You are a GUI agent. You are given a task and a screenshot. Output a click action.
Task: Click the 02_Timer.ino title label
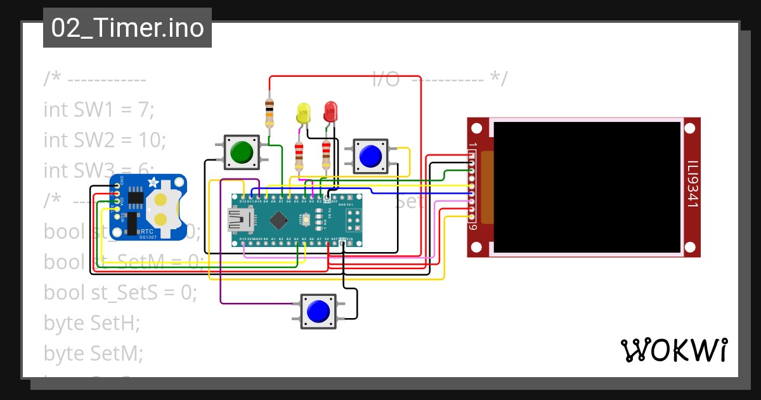click(127, 29)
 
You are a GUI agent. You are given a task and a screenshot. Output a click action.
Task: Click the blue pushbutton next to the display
click(370, 155)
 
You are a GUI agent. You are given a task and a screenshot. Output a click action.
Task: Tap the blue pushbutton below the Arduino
click(318, 311)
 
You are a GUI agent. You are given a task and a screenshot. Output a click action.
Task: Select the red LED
click(330, 113)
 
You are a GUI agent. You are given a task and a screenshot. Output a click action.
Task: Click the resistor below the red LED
click(326, 155)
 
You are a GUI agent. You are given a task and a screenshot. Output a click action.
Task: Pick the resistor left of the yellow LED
click(270, 114)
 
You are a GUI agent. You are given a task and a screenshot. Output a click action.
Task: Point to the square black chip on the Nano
click(278, 220)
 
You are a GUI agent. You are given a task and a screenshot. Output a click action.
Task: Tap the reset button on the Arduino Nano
click(306, 220)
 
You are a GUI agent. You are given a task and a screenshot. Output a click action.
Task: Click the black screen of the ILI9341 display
click(587, 186)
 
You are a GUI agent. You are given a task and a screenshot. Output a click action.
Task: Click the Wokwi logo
click(673, 350)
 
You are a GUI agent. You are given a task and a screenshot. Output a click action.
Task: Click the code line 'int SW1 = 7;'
click(99, 110)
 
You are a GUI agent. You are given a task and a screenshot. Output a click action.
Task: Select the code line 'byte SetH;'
click(91, 323)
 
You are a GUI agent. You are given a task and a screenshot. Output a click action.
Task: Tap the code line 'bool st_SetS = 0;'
click(120, 292)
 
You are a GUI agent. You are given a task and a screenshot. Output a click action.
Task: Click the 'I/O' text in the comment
click(386, 79)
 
